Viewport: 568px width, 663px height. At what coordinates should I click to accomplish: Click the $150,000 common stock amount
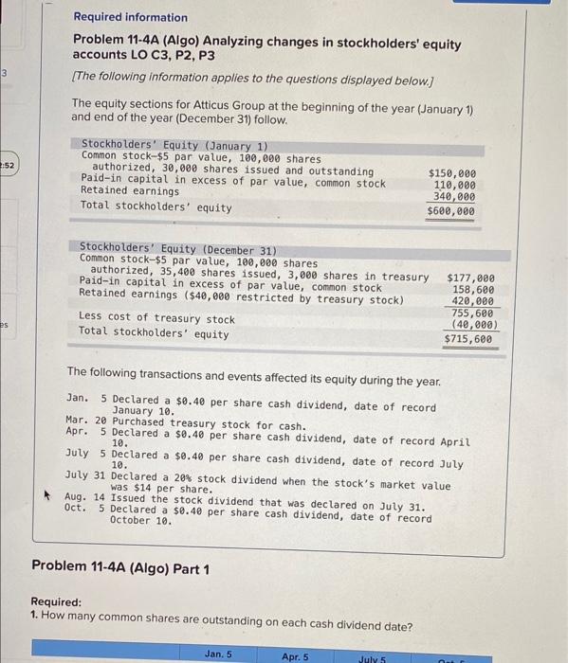pos(452,173)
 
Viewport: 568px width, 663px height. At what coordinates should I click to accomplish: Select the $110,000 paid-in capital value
pos(454,185)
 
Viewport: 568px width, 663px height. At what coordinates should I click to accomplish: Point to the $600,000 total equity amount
pos(451,211)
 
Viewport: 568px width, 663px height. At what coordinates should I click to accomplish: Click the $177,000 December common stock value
pos(469,278)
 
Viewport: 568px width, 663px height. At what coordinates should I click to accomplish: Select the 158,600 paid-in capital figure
pos(473,290)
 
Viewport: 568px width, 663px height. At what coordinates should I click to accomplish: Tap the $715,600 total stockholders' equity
pos(468,338)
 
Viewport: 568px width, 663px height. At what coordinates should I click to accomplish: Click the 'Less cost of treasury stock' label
pos(156,318)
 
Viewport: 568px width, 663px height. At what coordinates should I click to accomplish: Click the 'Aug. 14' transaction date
pos(83,496)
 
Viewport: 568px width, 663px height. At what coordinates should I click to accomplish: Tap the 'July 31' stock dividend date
pos(84,474)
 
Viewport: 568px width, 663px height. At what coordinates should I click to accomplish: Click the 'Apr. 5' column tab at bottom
pos(295,654)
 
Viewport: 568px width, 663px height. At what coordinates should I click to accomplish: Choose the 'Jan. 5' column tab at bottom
pos(218,654)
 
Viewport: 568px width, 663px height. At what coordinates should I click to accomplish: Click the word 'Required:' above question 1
pos(56,601)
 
